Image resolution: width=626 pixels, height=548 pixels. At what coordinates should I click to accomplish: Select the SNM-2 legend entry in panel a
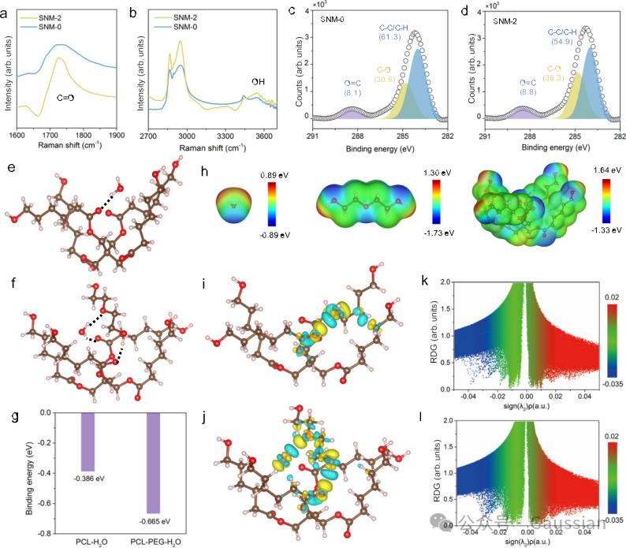coord(65,17)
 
